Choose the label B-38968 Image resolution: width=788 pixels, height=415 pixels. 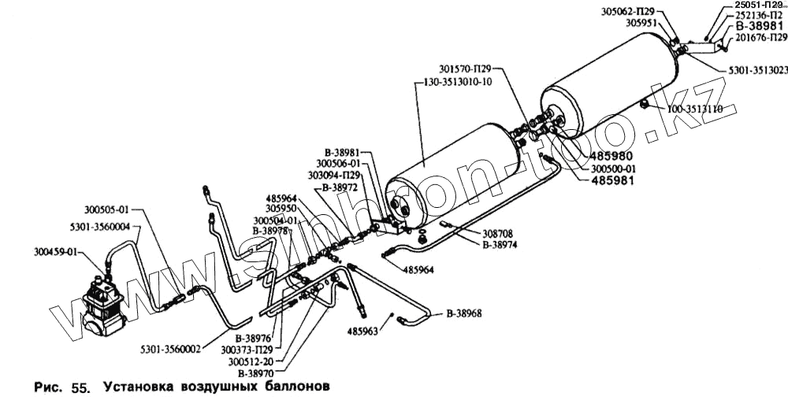point(464,313)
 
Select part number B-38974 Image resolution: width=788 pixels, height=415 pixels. point(499,244)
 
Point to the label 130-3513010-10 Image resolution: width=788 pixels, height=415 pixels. point(457,82)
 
